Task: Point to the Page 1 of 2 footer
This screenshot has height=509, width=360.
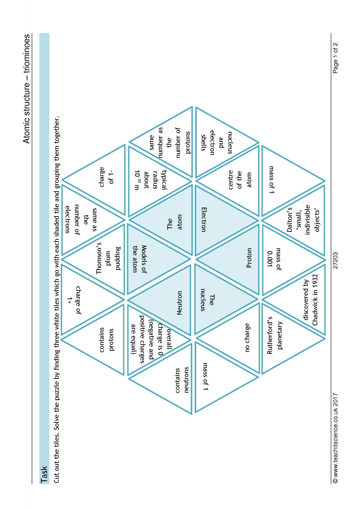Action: pyautogui.click(x=336, y=58)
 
